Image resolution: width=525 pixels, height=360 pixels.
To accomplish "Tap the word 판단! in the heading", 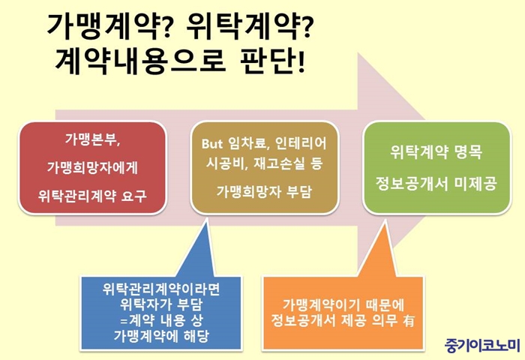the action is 271,62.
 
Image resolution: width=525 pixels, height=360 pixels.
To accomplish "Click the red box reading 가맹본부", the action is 92,167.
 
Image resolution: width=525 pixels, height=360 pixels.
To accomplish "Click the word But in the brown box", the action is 212,144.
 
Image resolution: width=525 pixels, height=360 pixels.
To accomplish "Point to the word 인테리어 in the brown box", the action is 300,144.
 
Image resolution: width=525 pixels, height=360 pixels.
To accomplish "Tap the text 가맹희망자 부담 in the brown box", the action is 264,191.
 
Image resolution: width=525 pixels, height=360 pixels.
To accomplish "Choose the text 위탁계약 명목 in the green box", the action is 436,152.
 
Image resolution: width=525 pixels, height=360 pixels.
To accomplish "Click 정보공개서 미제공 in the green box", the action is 436,184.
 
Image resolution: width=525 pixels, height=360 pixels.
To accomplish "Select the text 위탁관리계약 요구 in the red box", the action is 92,196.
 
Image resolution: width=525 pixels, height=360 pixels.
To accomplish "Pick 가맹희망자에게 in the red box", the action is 92,167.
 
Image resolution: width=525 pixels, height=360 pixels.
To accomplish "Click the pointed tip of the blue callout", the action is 206,219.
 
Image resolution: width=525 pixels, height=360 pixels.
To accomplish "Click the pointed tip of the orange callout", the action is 385,220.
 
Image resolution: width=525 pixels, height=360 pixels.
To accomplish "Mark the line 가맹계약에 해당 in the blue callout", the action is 161,335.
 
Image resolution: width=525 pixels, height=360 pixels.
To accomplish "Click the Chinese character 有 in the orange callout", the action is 409,320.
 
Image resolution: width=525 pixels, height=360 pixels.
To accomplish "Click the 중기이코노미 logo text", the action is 482,345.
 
